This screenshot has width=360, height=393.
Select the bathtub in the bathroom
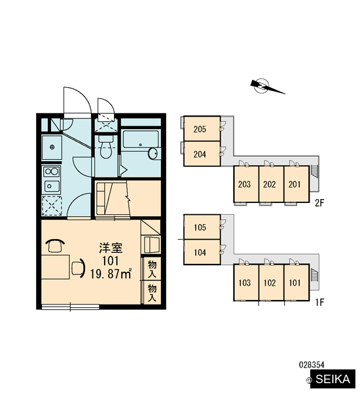click(x=141, y=139)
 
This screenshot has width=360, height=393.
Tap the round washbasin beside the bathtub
click(x=153, y=153)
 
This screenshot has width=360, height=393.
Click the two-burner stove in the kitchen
click(x=51, y=172)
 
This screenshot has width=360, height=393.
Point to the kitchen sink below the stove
click(x=52, y=186)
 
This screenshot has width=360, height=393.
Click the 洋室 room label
click(x=111, y=248)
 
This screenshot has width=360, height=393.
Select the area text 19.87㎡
click(x=111, y=274)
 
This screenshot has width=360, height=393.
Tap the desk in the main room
click(x=56, y=267)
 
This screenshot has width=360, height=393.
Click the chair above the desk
click(x=55, y=246)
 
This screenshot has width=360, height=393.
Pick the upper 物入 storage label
click(x=152, y=269)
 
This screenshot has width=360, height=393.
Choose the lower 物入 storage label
click(x=152, y=293)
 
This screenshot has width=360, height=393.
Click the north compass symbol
click(x=266, y=86)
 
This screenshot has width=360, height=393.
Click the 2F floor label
click(x=319, y=203)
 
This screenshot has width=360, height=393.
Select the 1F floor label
click(x=319, y=302)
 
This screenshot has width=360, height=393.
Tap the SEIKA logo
click(x=333, y=379)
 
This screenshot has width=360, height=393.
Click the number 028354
click(x=312, y=365)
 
